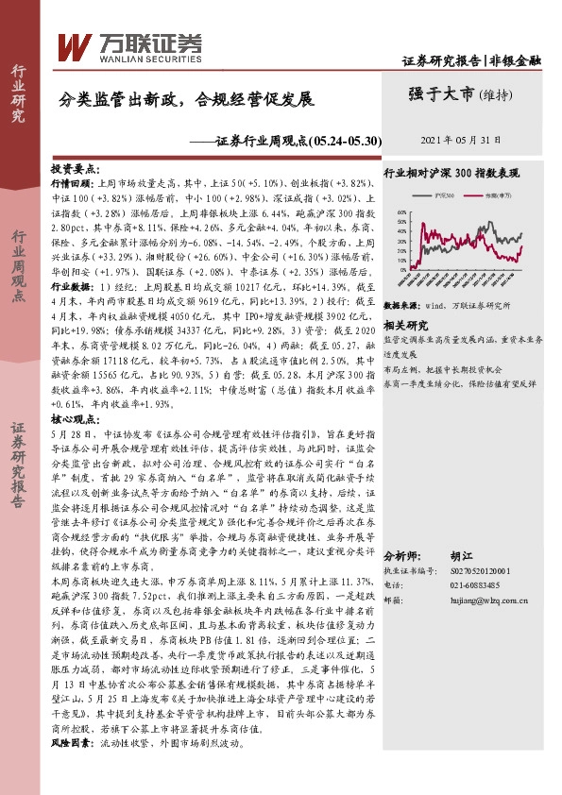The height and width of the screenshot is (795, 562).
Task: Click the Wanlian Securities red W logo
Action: [x=75, y=46]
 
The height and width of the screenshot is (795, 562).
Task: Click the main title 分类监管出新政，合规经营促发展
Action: [x=185, y=98]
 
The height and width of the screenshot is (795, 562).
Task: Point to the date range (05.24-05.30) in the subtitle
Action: [x=346, y=141]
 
